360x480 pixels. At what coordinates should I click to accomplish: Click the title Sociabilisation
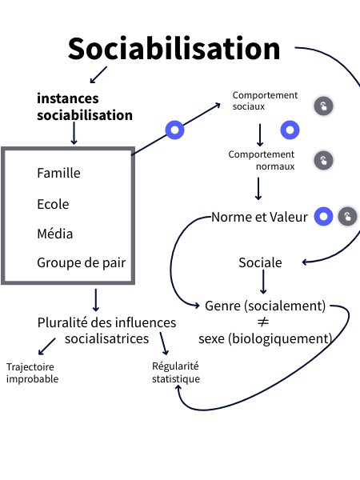coord(174,49)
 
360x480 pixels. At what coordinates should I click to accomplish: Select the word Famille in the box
coord(58,173)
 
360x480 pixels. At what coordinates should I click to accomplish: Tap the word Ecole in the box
coord(53,204)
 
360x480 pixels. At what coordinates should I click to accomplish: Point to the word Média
coord(54,234)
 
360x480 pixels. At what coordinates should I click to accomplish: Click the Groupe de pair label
coord(81,262)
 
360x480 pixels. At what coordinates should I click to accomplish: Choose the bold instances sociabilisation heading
coord(85,107)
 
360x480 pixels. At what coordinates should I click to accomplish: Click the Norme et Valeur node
coord(259,217)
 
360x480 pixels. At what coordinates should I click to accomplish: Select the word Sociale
coord(260,262)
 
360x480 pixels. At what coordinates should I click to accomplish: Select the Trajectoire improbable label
coord(32,373)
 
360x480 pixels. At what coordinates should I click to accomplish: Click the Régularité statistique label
coord(175,373)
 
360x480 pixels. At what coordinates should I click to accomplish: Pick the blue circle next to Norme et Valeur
coord(322,216)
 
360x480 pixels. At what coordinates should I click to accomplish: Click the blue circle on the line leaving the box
coord(174,130)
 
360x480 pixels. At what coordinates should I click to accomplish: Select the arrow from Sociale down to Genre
coord(262,283)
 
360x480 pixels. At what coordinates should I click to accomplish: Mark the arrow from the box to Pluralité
coord(96,299)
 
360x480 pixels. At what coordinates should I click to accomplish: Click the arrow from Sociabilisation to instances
coord(98,75)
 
